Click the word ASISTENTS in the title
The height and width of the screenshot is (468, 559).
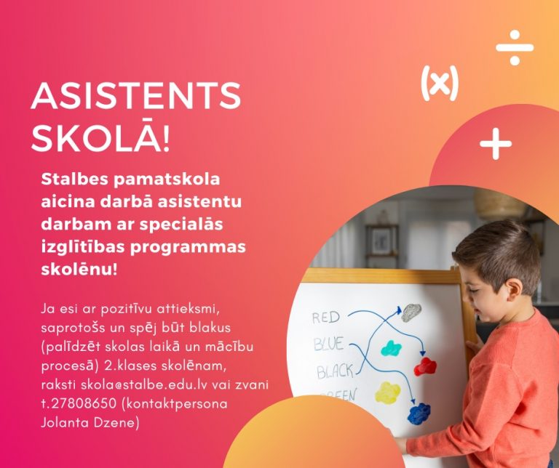(x=136, y=95)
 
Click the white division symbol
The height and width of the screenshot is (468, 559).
(x=515, y=48)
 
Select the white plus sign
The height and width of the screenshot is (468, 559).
(x=496, y=144)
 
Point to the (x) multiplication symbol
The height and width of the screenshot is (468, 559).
(x=440, y=83)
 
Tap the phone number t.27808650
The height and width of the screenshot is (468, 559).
(x=79, y=403)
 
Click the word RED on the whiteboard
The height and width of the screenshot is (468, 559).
(x=326, y=317)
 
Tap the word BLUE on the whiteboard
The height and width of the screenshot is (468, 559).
(x=329, y=344)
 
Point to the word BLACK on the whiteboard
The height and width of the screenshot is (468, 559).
(x=335, y=371)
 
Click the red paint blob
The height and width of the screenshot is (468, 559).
(x=425, y=367)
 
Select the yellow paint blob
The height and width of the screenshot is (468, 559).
(x=388, y=392)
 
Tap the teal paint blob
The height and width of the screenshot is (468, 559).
(x=392, y=348)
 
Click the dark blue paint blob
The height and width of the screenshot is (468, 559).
(x=419, y=413)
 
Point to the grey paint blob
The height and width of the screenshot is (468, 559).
(x=411, y=312)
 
